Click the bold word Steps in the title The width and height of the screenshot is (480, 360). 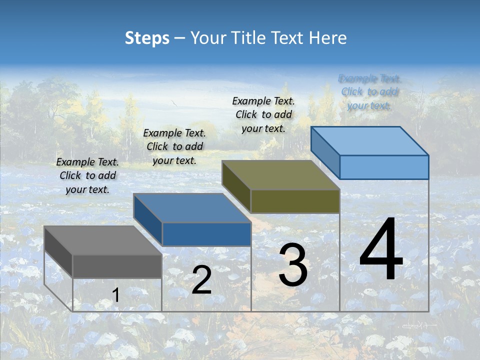coord(147,38)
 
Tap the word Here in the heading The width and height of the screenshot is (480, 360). coord(328,38)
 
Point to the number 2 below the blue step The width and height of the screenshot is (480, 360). coord(201,280)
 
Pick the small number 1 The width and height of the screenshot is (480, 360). coord(116,295)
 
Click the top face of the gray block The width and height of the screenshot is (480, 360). coord(102,240)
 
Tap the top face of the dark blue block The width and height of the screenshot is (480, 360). coord(191,207)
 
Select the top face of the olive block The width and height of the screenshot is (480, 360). coord(280,175)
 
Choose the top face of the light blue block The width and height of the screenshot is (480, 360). coord(369,140)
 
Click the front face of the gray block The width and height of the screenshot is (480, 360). coord(117,266)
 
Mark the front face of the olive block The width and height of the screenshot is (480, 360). coord(295,201)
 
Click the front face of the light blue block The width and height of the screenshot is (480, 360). coord(384,167)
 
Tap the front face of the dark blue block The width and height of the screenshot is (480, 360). coord(206,234)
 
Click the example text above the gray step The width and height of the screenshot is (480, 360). coord(87,175)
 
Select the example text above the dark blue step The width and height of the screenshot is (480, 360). coord(174,146)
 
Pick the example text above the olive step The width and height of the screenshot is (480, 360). coord(263,114)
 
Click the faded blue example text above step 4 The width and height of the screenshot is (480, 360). coord(369,91)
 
